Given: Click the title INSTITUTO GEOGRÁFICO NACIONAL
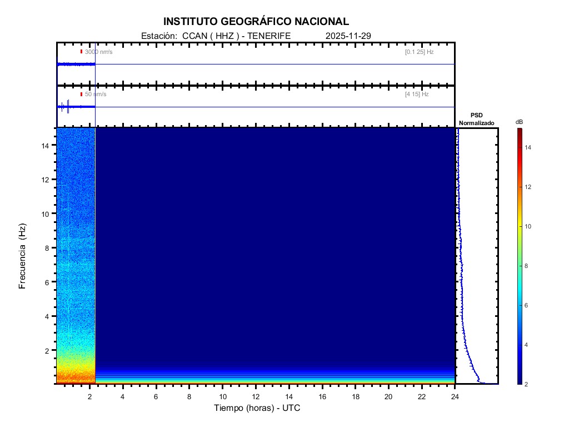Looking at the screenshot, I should (x=256, y=22).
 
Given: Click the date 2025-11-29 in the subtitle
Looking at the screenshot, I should (x=348, y=36).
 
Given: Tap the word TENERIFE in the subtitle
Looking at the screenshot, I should (x=269, y=36).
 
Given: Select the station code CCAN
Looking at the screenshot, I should (x=193, y=36).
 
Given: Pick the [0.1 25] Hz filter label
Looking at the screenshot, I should (x=419, y=52).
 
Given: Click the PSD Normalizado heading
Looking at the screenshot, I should (x=476, y=119).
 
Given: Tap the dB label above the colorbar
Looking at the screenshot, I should (x=519, y=122).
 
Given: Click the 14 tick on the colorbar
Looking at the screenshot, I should (x=529, y=147).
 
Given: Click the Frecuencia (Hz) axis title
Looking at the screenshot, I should (x=23, y=256).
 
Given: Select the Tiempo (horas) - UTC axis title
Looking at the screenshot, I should (x=257, y=408).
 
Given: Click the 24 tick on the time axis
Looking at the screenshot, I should (x=455, y=396).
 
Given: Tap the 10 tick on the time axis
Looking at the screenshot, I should (x=222, y=396).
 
